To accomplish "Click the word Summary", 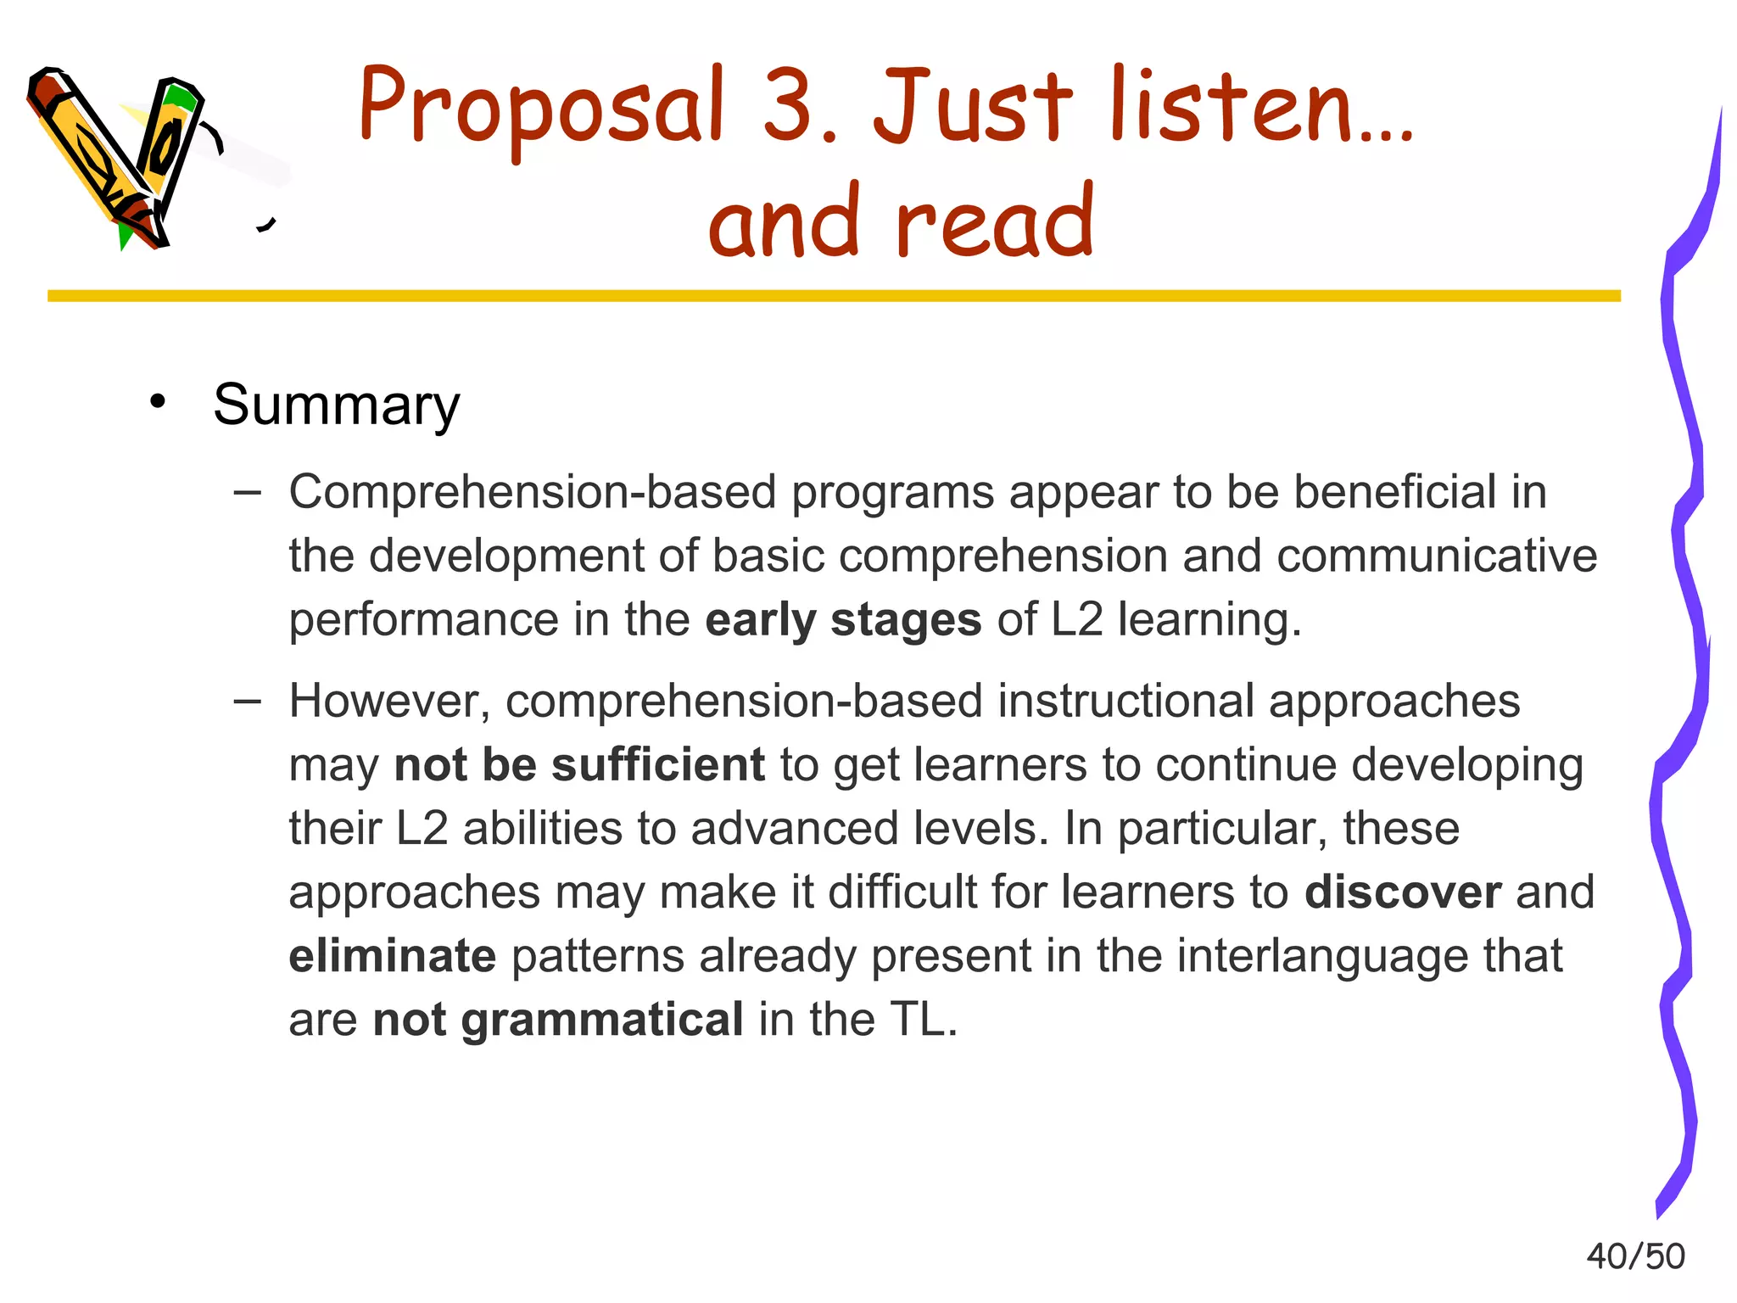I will (x=336, y=405).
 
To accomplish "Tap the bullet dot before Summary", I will (x=156, y=401).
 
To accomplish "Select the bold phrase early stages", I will (x=843, y=619).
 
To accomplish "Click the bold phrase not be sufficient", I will (x=579, y=764).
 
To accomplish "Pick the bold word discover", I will (x=1403, y=892).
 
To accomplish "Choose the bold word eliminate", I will (x=392, y=956).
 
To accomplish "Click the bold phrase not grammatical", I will (x=558, y=1020).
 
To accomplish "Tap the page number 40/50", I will (x=1635, y=1256).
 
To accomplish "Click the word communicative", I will (x=1437, y=556).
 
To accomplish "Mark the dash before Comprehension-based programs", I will (x=247, y=491).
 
